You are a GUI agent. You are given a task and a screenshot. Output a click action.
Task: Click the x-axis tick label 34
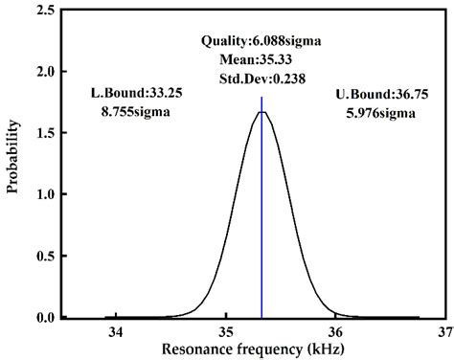(x=116, y=331)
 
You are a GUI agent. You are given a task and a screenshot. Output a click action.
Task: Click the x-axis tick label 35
(x=225, y=331)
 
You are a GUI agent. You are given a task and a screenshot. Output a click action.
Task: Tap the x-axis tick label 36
(x=335, y=331)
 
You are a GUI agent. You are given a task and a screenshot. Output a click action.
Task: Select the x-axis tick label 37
(x=443, y=331)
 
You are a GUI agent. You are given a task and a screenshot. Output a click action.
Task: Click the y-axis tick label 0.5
(x=46, y=257)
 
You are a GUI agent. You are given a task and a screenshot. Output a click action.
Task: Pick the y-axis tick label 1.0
(x=46, y=194)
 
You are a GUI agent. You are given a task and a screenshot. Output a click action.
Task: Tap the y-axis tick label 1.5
(x=46, y=133)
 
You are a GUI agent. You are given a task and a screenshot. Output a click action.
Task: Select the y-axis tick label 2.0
(x=46, y=72)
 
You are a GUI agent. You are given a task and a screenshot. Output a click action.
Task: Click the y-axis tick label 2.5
(x=46, y=11)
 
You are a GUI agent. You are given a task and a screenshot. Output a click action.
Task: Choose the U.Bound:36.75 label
(x=381, y=94)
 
